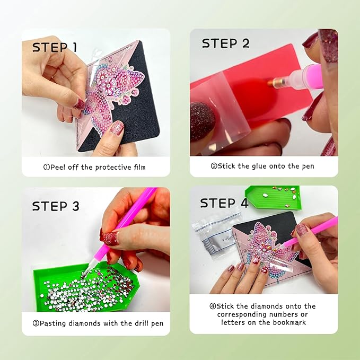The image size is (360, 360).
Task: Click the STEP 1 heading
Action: point(55,47)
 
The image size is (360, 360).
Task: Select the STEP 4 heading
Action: point(224,203)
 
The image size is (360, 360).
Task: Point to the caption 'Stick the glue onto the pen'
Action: point(262,166)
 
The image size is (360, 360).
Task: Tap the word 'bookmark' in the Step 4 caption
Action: point(288,322)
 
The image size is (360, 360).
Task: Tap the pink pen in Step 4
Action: point(313,232)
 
